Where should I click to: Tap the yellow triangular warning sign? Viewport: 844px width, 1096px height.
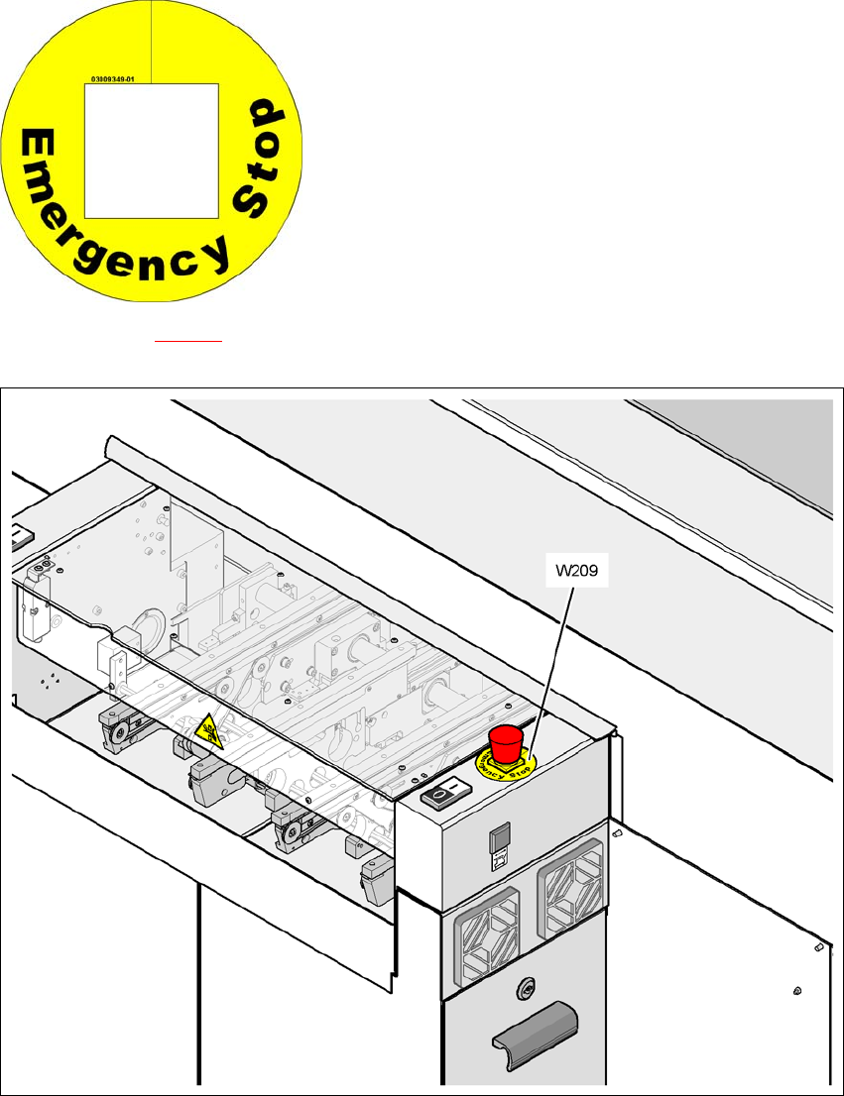(209, 732)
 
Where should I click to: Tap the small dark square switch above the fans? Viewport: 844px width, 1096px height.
(501, 837)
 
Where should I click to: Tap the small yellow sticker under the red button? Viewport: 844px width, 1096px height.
(504, 764)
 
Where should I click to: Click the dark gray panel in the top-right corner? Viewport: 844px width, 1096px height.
(739, 446)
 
